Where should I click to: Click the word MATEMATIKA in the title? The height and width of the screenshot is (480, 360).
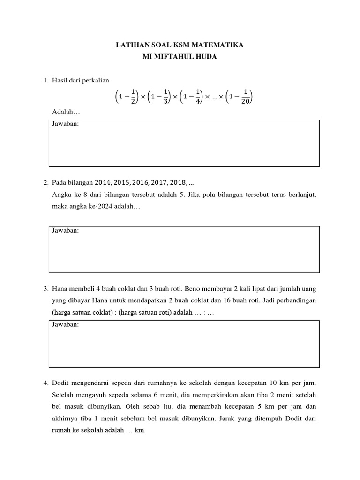tap(219, 45)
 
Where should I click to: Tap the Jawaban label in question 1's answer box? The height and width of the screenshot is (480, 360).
tap(65, 124)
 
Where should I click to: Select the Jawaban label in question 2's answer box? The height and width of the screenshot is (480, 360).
tap(65, 231)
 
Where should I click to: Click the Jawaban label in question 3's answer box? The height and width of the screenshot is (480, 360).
tap(65, 325)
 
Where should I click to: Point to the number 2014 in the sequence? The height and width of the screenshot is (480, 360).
tap(104, 182)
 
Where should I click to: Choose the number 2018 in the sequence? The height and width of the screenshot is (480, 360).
tap(177, 182)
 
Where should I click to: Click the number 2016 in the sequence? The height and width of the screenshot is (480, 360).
tap(140, 182)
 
